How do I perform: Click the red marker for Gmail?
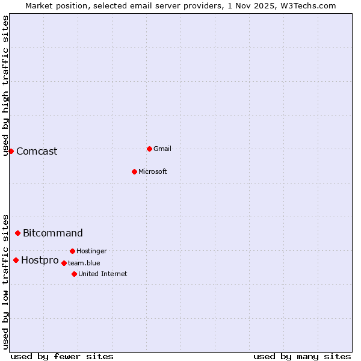point(149,149)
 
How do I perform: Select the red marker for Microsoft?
point(134,171)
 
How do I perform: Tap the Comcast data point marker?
point(11,151)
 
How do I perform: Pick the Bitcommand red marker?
point(17,233)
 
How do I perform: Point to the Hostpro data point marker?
point(16,260)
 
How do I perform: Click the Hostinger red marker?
point(72,251)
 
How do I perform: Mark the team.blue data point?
point(64,263)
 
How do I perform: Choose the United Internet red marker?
point(74,274)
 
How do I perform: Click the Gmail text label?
point(162,149)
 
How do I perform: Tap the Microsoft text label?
point(152,171)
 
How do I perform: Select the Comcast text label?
point(37,151)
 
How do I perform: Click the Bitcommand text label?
point(53,233)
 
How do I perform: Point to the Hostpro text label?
point(40,260)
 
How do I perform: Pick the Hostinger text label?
point(91,251)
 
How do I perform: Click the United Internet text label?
point(102,274)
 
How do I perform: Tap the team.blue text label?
point(84,263)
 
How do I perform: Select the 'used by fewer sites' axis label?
point(62,356)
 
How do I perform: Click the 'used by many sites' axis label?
point(302,356)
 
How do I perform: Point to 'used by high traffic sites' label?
point(5,85)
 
